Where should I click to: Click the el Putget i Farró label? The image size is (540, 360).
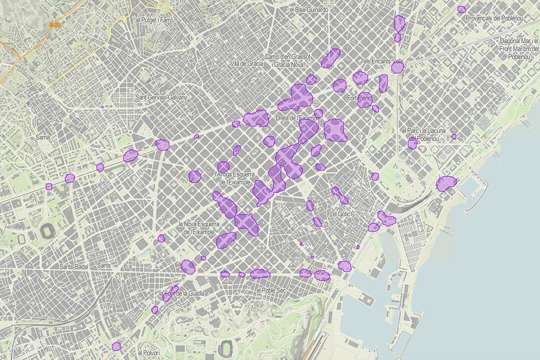tap(154, 20)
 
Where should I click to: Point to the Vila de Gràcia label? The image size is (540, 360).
tap(246, 64)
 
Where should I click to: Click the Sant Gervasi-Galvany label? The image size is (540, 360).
tap(160, 97)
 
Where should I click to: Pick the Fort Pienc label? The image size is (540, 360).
tap(359, 98)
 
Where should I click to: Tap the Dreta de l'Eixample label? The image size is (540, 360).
tap(297, 118)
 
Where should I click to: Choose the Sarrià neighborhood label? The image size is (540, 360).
tap(43, 136)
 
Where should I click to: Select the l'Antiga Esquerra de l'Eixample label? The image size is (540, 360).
tap(234, 178)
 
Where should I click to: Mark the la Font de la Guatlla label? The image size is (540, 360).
tap(181, 293)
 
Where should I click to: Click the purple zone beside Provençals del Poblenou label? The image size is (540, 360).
tap(461, 9)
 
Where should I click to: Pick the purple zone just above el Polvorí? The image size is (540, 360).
tap(116, 345)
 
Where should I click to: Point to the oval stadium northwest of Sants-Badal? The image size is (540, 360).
tap(47, 231)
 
